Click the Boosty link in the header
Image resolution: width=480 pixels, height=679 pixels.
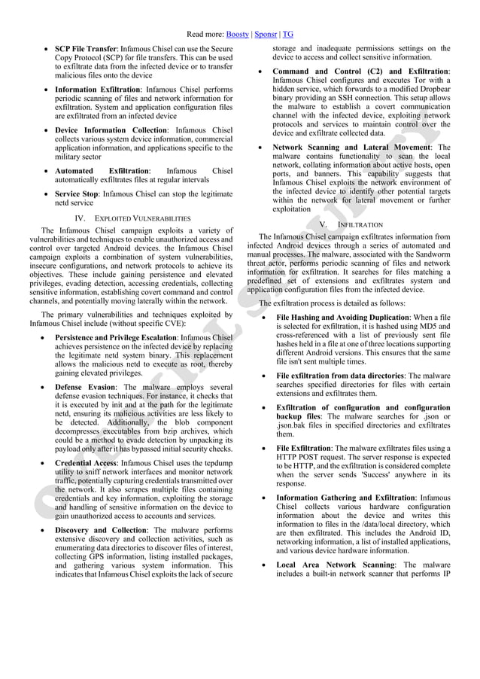coord(238,35)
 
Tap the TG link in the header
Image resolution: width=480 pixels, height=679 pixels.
coord(288,35)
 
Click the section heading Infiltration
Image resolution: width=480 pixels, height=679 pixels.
coord(360,224)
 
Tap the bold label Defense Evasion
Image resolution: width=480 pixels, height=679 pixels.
coord(86,387)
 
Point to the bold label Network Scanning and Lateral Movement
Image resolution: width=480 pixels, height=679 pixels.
coord(350,148)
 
